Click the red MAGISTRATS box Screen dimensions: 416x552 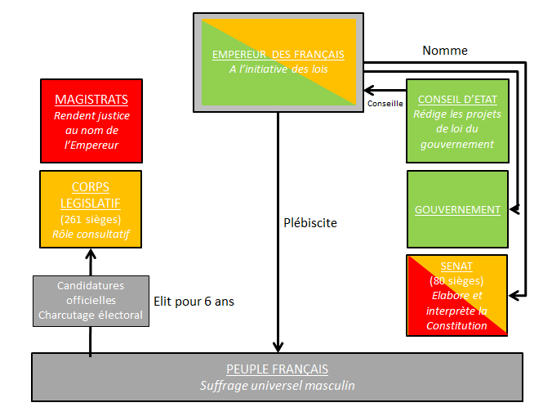tap(91, 122)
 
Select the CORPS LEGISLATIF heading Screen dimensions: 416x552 tap(91, 194)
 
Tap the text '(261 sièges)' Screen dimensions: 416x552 tap(91, 219)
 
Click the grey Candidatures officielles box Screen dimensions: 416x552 tap(91, 301)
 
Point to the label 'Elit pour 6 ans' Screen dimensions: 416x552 tap(194, 302)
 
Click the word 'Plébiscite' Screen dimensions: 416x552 tap(309, 222)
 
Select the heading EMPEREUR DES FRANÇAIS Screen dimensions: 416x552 tap(278, 54)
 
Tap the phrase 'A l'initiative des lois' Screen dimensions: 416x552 tap(278, 69)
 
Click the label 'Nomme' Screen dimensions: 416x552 tap(444, 51)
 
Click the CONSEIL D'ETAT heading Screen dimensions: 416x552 tap(457, 99)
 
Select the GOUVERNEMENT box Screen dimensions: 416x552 tap(457, 209)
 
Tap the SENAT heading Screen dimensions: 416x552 tap(457, 266)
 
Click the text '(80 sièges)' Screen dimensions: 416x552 tap(457, 281)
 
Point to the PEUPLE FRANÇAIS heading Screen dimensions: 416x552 tap(278, 369)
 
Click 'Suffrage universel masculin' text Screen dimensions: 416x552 tap(278, 385)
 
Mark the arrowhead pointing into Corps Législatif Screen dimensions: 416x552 tap(91, 255)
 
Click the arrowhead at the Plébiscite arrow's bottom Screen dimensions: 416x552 tap(278, 347)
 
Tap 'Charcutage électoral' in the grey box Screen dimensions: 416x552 tap(91, 315)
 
